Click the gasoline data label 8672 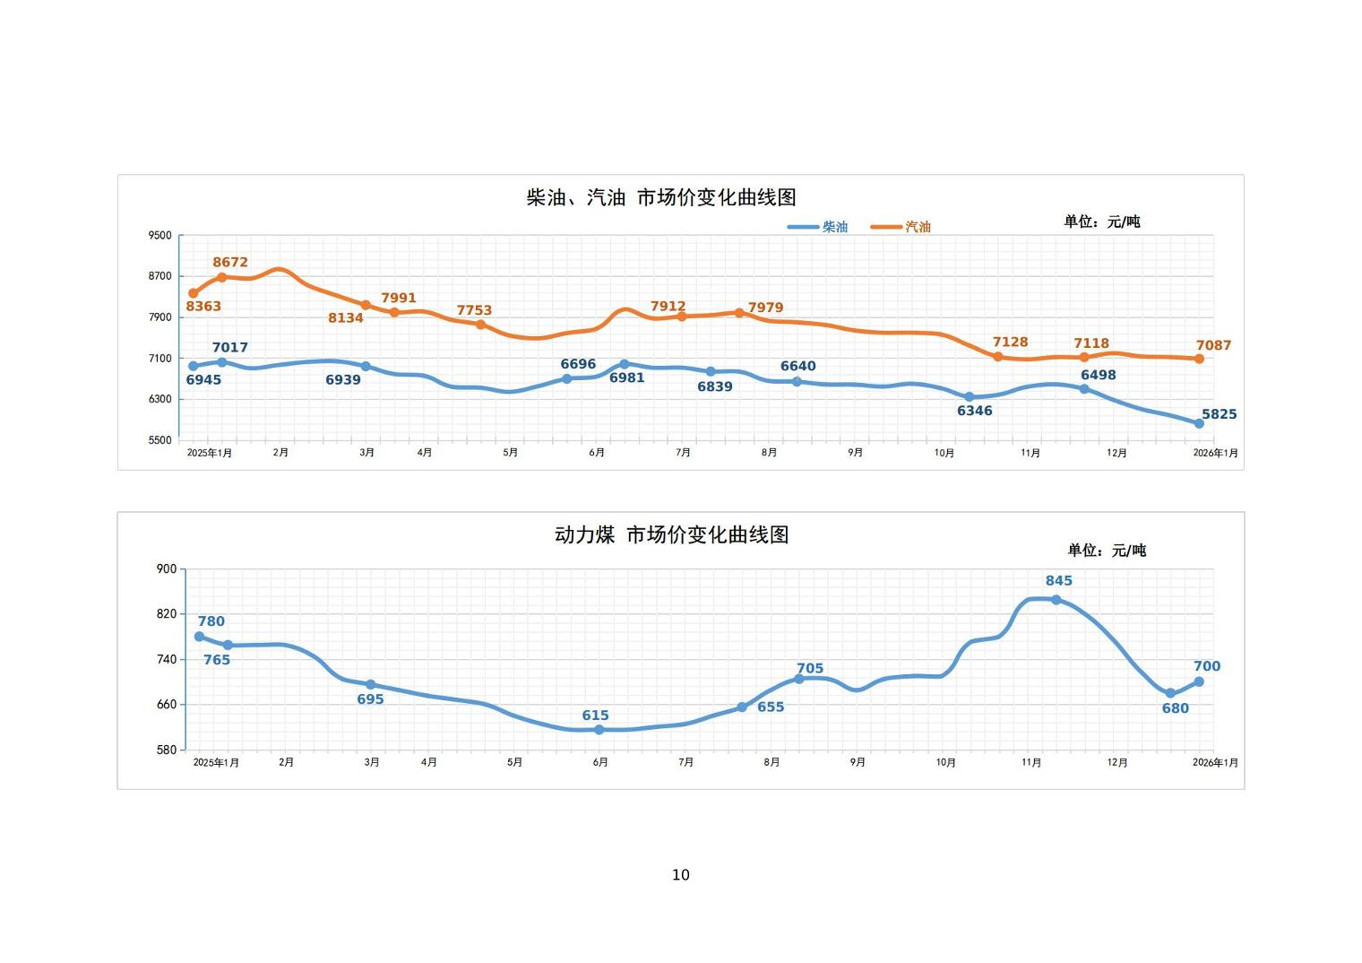click(230, 263)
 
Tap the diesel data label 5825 click(1219, 414)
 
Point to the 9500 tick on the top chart click(159, 236)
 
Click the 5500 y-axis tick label click(159, 440)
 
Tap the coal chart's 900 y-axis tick click(167, 568)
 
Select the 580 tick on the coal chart click(167, 750)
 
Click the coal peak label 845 click(1058, 581)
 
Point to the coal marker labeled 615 click(599, 730)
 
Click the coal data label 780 click(211, 621)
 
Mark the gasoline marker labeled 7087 click(1199, 359)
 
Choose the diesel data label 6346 click(974, 411)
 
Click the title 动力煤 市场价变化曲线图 click(671, 535)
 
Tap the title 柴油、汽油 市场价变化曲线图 click(661, 197)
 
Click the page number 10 click(681, 875)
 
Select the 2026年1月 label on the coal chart click(1215, 762)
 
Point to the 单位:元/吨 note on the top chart click(1101, 221)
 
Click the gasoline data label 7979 click(765, 308)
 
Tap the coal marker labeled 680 click(1170, 693)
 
